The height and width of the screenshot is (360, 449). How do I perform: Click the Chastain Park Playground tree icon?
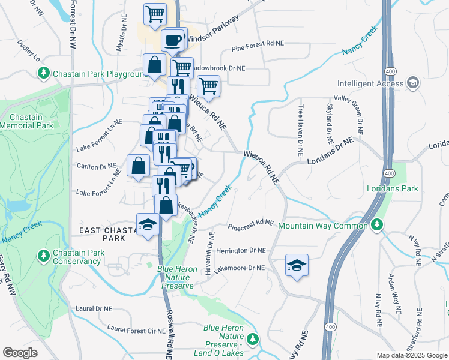[x=44, y=73]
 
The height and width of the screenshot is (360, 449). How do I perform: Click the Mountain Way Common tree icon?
[x=376, y=225]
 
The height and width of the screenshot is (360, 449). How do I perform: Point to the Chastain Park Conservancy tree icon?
[x=44, y=256]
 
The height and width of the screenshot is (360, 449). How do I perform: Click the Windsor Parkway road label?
[x=212, y=28]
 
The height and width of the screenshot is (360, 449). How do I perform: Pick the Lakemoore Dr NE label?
[x=240, y=268]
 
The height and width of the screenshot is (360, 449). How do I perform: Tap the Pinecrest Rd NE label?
[x=250, y=224]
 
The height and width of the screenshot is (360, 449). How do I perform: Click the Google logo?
[x=20, y=353]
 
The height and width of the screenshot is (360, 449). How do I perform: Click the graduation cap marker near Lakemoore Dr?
[x=297, y=265]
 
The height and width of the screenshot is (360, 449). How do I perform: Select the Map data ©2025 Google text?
[x=411, y=355]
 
